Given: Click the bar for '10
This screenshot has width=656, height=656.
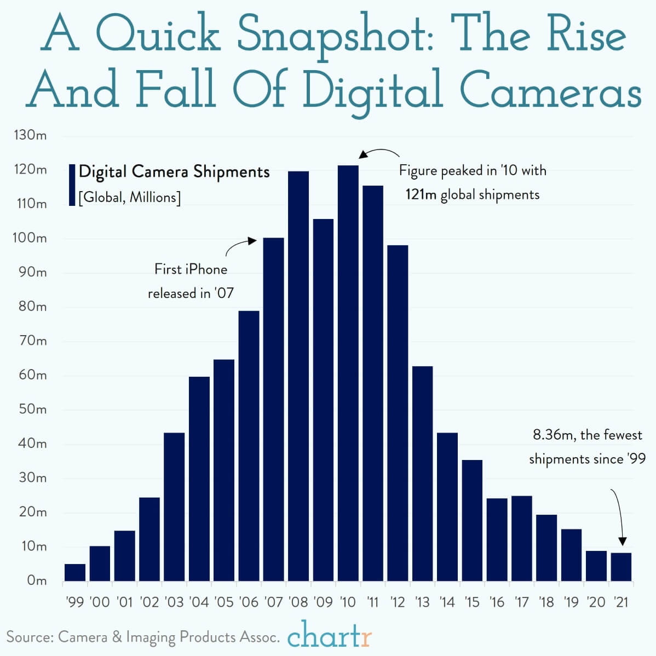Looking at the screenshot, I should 348,372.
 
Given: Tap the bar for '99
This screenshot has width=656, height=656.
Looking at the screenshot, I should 75,572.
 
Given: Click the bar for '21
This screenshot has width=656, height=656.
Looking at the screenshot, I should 621,567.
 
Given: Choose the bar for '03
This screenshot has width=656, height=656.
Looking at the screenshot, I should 174,507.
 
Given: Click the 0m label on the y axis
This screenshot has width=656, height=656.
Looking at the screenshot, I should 37,580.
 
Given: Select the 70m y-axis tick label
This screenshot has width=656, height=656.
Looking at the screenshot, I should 32,341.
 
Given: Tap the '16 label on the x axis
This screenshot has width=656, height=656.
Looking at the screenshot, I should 497,602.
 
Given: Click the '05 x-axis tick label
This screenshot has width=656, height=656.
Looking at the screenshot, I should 223,602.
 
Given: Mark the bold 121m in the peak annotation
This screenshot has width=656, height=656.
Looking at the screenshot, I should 421,194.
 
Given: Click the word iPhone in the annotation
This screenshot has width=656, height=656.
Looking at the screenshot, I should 206,269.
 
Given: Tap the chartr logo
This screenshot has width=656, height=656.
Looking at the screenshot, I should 330,636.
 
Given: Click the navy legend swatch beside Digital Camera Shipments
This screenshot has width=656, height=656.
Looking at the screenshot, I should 72,185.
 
